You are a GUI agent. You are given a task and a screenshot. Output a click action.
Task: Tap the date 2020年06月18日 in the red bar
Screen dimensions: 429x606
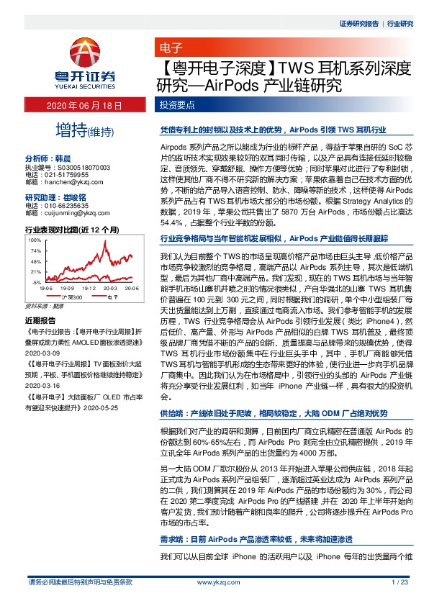(x=86, y=106)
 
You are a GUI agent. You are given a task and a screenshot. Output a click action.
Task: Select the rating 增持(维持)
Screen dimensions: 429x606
(x=85, y=131)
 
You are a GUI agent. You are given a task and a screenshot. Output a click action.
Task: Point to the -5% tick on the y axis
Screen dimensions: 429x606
(x=35, y=283)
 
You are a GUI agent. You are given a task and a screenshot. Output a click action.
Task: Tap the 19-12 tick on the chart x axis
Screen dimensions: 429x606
(x=89, y=288)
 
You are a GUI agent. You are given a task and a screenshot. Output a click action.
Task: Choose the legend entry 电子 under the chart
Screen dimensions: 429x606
(x=112, y=296)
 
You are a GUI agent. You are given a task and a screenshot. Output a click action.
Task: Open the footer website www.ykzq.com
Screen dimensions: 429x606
(x=214, y=582)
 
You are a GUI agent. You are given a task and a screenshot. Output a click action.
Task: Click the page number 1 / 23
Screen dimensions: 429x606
(x=399, y=582)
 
